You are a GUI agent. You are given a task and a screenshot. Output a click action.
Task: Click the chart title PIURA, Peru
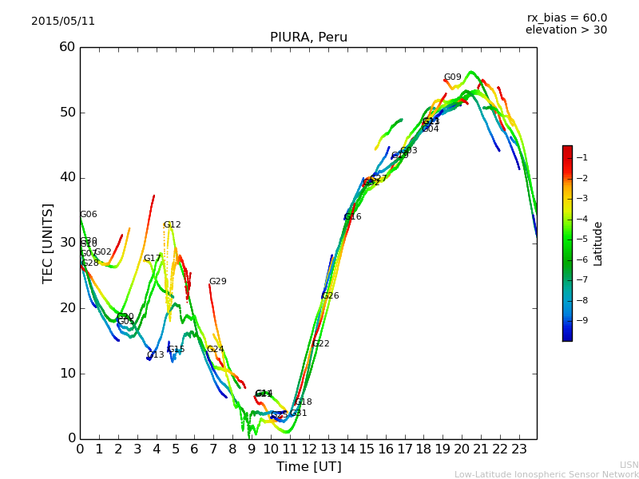tap(308, 38)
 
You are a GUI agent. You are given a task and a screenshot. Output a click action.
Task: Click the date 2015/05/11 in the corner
tap(63, 22)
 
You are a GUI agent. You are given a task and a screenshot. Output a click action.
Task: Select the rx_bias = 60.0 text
tap(566, 18)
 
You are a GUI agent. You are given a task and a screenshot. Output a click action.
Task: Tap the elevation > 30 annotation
tap(566, 30)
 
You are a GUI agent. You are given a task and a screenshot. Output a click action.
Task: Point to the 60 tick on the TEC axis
tap(67, 47)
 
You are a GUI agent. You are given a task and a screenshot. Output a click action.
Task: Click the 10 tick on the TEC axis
tap(67, 373)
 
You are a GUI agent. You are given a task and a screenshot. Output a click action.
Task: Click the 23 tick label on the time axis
tap(518, 449)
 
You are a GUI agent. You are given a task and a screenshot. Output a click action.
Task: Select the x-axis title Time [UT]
tap(308, 466)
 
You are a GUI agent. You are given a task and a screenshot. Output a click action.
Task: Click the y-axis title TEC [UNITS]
tap(48, 243)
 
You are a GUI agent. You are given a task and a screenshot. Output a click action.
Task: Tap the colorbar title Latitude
tap(597, 243)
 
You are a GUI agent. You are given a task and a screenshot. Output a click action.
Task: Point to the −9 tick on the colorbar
tap(582, 321)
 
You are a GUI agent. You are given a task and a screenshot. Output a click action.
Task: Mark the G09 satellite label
tap(453, 77)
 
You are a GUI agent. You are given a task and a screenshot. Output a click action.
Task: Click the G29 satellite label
tap(218, 282)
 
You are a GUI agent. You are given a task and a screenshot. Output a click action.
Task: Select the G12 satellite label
tap(173, 225)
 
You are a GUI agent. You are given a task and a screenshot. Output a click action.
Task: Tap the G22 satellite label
tap(321, 344)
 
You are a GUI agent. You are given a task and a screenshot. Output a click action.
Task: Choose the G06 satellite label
tap(89, 215)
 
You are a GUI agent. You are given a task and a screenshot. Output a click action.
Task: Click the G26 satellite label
tap(331, 296)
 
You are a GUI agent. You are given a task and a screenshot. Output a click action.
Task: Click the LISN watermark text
tap(629, 465)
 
